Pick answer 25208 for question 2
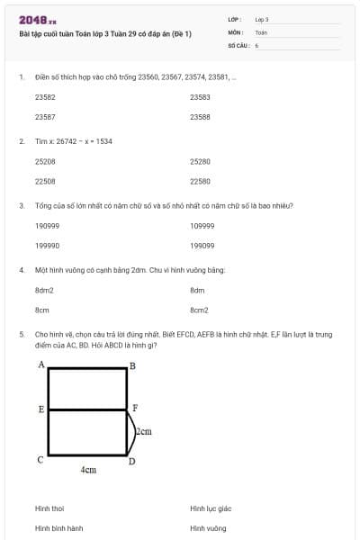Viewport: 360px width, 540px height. pos(45,162)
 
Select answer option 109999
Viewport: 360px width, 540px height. pos(202,226)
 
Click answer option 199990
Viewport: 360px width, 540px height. pos(47,245)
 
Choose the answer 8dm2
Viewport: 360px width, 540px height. pos(44,290)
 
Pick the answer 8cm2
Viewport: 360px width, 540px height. pos(199,310)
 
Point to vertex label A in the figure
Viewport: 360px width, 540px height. pos(41,364)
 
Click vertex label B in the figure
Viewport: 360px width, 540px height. pos(132,365)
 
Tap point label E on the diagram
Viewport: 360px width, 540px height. pos(41,409)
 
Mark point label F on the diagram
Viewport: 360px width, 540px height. pos(135,408)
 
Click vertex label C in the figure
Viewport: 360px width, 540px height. pos(40,460)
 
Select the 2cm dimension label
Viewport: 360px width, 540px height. pos(143,432)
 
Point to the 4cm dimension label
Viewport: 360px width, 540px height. pos(88,470)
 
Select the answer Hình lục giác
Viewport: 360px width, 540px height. pos(211,508)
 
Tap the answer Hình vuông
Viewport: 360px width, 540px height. pos(208,528)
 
